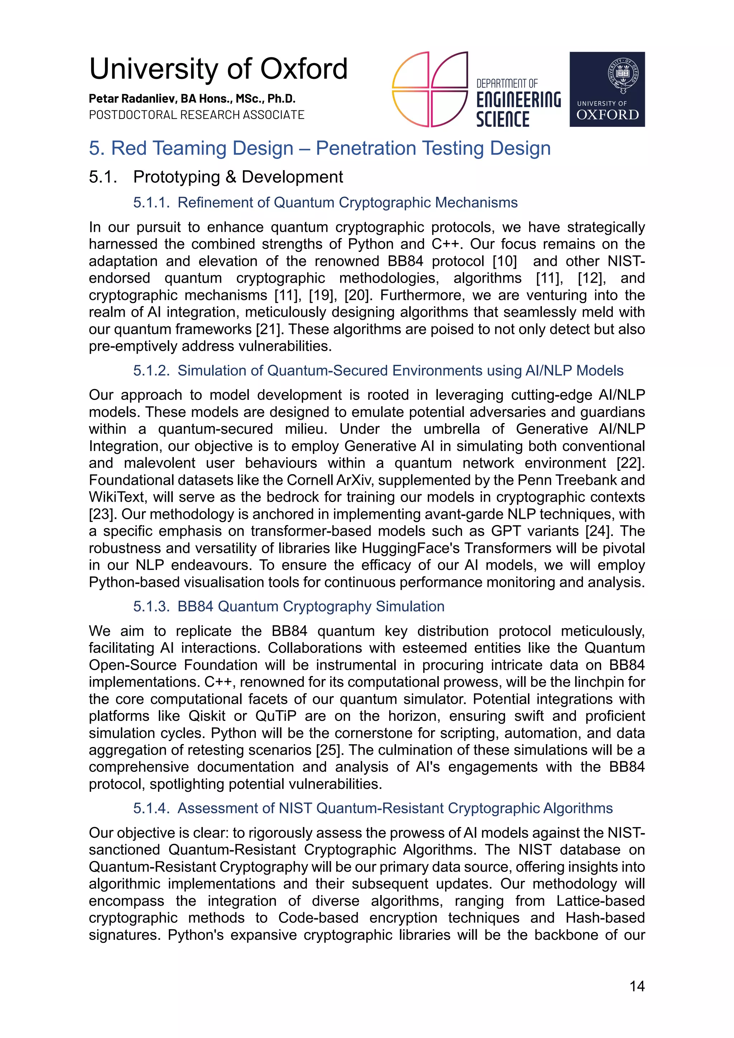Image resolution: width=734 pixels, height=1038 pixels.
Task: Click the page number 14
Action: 637,986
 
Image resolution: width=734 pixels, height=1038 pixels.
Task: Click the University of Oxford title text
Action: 218,69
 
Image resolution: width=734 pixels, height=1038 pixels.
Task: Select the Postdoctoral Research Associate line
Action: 197,115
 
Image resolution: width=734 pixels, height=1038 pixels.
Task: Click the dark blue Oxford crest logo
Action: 607,89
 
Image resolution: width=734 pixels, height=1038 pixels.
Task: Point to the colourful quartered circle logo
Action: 429,89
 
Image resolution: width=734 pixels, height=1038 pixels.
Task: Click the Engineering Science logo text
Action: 518,103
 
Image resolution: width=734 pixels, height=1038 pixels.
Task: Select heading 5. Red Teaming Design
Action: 319,148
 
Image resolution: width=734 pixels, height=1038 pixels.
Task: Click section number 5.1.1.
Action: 151,202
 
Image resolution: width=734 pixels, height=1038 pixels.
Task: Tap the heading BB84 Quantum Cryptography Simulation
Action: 311,606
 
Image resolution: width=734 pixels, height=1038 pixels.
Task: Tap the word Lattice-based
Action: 600,900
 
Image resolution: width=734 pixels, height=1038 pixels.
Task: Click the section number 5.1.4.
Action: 151,808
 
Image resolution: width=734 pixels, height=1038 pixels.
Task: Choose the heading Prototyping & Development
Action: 238,177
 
